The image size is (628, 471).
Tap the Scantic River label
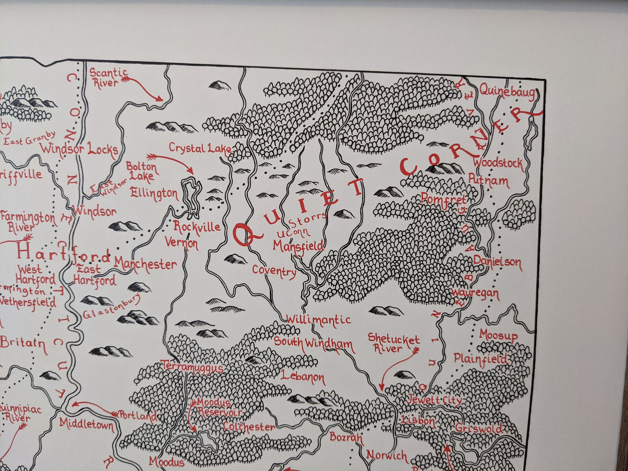point(108,78)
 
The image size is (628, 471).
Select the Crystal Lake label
point(200,148)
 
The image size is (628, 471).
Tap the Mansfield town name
point(298,246)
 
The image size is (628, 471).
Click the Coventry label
point(274,272)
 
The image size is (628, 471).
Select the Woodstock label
point(498,163)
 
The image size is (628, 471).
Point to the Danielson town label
point(497,262)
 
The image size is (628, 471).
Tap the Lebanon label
point(302,377)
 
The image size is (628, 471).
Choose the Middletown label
point(86,424)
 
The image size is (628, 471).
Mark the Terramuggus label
point(193,368)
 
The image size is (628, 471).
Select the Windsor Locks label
point(79,149)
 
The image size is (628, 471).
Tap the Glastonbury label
point(112,307)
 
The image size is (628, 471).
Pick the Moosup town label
point(498,335)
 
